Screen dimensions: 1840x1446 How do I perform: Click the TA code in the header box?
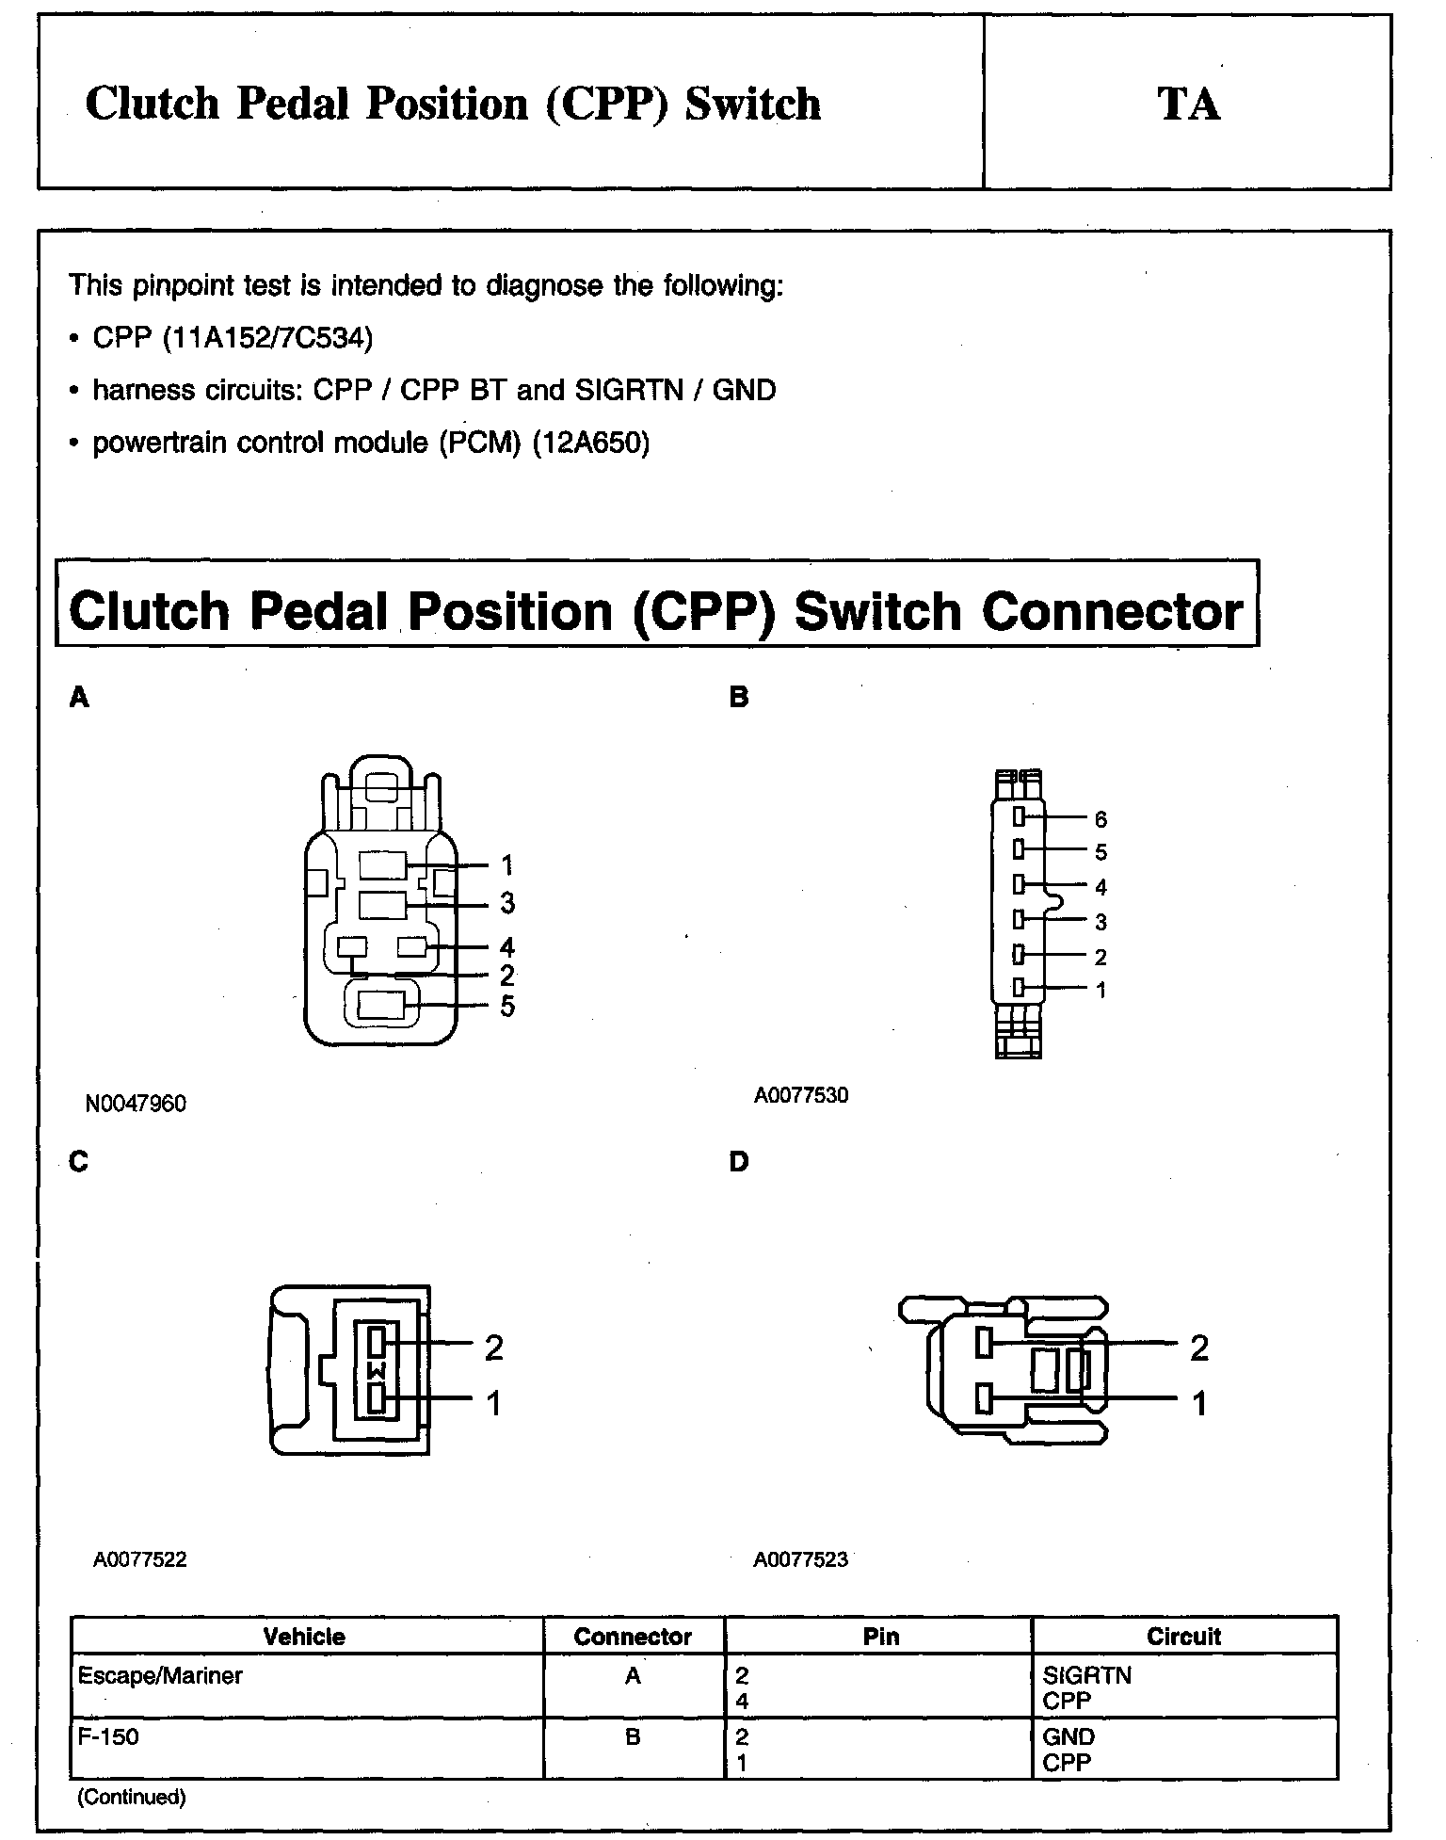click(1188, 104)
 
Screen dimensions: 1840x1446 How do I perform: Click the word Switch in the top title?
click(752, 104)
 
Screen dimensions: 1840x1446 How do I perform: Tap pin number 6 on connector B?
click(1101, 819)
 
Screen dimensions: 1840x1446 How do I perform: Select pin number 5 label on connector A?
click(507, 1007)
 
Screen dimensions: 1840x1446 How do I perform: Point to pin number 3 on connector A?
click(507, 904)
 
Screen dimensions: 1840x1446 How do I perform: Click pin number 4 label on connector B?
click(1101, 887)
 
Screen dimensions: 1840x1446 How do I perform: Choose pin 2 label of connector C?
click(493, 1348)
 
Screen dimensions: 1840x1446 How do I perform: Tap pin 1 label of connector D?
click(1198, 1404)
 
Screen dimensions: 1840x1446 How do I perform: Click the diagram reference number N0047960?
click(136, 1104)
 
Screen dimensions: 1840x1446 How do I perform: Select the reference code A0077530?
click(800, 1095)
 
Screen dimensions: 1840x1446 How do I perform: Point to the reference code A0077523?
click(800, 1559)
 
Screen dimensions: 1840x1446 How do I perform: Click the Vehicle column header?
click(304, 1637)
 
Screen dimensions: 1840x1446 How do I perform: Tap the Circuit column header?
click(1183, 1637)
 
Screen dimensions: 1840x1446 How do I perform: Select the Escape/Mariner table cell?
click(160, 1676)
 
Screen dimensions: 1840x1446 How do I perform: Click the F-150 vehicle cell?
click(108, 1736)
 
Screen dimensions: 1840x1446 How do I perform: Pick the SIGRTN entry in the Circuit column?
click(1087, 1676)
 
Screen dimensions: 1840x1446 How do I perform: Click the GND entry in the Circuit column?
click(1068, 1737)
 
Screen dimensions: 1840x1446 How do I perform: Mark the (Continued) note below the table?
click(131, 1797)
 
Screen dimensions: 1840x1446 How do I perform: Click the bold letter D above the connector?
click(739, 1162)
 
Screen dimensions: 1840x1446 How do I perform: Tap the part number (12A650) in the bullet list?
click(591, 443)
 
